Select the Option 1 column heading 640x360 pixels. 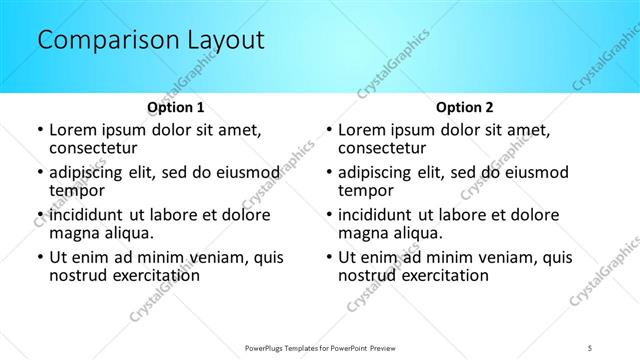[176, 107]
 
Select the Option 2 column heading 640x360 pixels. [464, 107]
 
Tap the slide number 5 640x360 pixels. [590, 347]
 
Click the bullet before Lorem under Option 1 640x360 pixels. [39, 131]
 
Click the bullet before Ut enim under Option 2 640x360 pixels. [328, 257]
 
